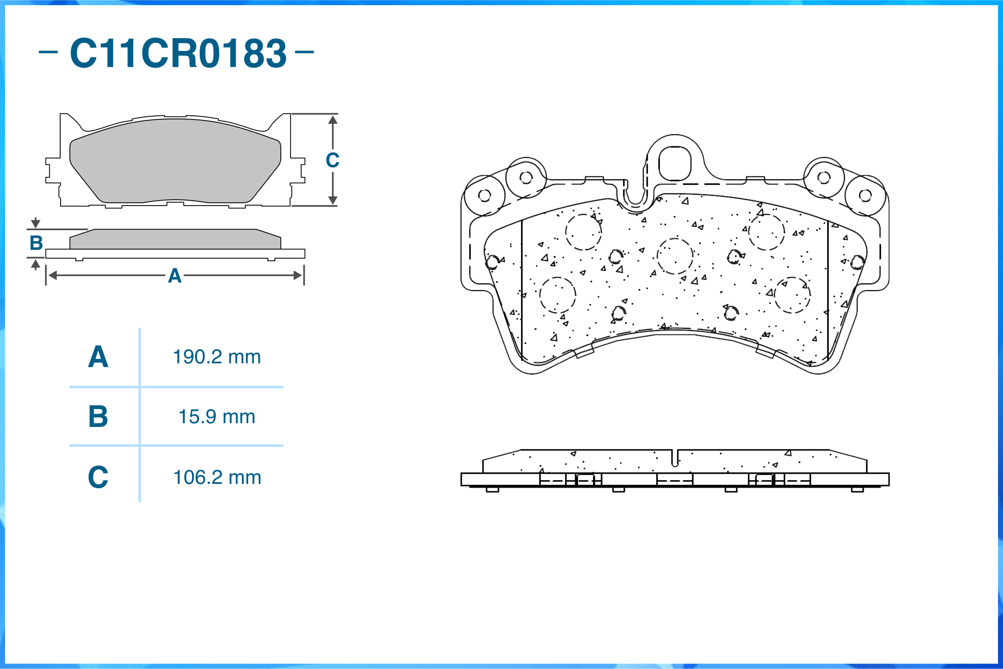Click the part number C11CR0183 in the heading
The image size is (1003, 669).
pos(178,53)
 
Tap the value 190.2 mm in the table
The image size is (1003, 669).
pos(217,357)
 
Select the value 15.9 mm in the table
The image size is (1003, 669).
pos(217,417)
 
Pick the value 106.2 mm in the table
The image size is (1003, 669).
pos(217,477)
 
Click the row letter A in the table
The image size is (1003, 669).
pos(98,357)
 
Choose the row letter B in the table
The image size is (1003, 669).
pos(98,417)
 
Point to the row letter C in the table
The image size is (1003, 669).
pos(98,477)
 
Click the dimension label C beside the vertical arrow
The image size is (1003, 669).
pos(333,160)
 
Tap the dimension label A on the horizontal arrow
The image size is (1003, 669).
pos(175,276)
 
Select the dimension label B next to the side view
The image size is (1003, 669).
pos(36,243)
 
